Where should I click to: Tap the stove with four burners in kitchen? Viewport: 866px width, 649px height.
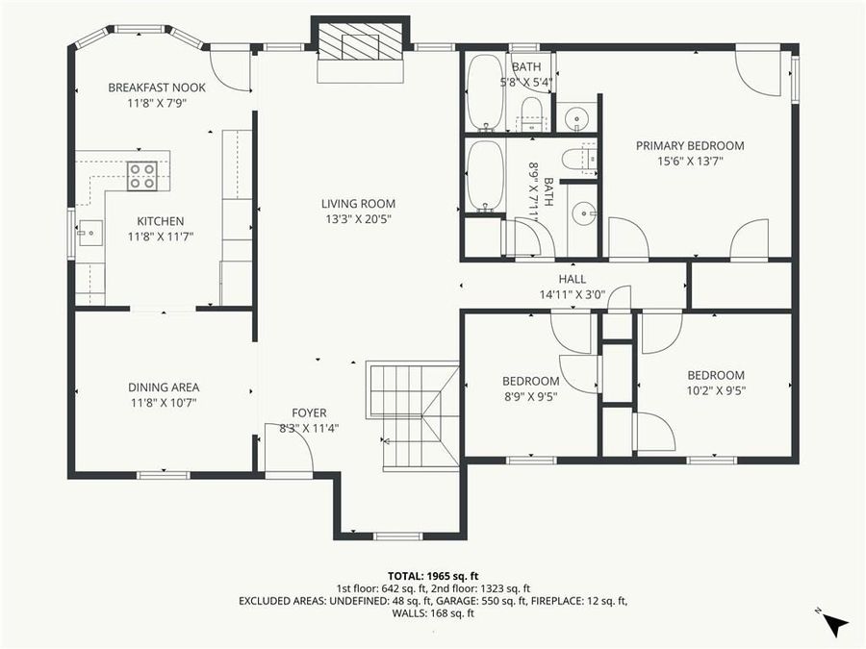click(x=142, y=175)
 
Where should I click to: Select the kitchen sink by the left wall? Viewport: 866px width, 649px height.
click(x=89, y=231)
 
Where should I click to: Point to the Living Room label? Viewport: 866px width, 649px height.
click(x=358, y=204)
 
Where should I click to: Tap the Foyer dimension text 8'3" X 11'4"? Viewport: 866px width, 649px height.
click(x=309, y=428)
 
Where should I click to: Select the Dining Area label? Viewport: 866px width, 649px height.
click(x=164, y=387)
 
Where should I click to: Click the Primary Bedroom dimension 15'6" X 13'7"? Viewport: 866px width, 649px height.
click(x=690, y=162)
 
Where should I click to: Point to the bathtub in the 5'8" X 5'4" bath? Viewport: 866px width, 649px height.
click(x=484, y=92)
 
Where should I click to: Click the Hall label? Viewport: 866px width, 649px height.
click(x=572, y=280)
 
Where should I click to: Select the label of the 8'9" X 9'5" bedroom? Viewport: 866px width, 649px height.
click(x=531, y=380)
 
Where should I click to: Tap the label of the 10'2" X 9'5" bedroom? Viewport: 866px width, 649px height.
click(x=715, y=375)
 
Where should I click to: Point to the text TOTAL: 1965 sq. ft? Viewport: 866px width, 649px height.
click(x=432, y=574)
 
